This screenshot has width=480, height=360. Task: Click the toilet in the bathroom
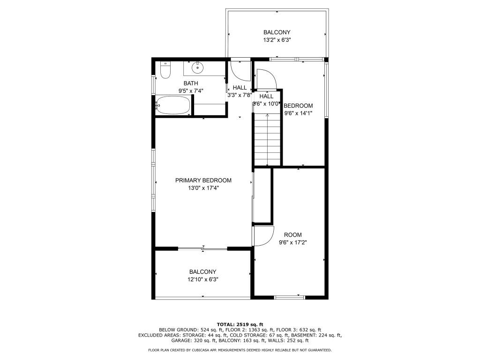pos(165,70)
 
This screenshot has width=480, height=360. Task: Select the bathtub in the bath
pos(173,105)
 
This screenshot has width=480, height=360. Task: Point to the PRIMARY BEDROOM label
pos(203,180)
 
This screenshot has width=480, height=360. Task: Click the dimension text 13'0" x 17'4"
pos(203,188)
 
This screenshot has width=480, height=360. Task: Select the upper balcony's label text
pos(277,32)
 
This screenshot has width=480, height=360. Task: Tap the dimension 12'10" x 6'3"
pos(202,279)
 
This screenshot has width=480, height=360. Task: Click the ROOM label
pos(293,235)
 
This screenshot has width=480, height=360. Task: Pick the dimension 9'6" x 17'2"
pos(293,243)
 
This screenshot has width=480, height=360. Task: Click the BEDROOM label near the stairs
pos(298,105)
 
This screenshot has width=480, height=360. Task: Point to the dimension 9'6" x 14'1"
pos(298,113)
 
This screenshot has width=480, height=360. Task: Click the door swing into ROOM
pos(263,236)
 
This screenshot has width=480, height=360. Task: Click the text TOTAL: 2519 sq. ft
pos(240,324)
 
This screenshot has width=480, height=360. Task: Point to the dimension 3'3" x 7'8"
pos(240,95)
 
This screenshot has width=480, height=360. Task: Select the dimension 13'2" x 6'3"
pos(277,40)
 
